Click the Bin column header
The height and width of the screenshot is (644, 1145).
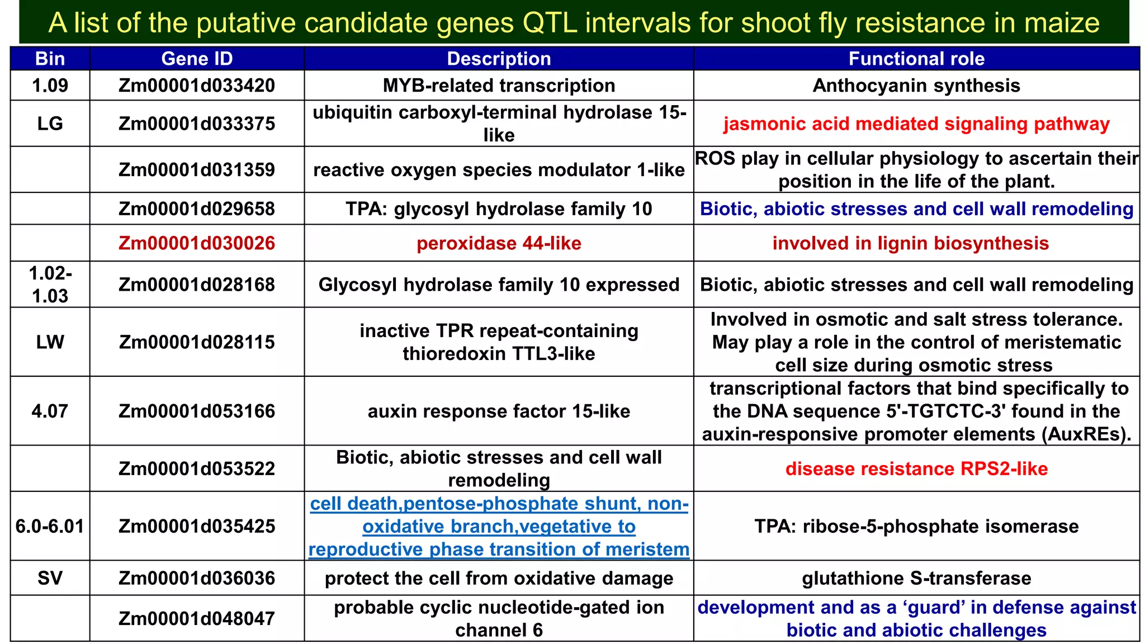50,59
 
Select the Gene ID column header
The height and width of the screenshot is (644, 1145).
197,59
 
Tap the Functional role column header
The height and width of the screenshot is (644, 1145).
916,59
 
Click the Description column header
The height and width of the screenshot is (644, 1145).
499,59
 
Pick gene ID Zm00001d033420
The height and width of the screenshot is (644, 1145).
197,86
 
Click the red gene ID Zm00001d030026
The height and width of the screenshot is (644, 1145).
197,243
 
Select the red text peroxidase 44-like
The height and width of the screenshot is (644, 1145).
499,243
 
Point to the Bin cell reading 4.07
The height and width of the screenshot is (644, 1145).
50,411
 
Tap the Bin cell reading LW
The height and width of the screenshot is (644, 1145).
50,342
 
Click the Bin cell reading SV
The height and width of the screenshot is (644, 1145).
50,578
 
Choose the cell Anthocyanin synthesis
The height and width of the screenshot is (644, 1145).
916,86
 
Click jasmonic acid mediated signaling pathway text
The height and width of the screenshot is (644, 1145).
916,124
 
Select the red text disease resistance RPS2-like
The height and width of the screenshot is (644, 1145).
916,468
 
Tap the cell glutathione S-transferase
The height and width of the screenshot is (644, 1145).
916,578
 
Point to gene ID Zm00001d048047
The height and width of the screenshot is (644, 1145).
197,618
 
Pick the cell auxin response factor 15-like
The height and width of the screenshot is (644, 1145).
499,411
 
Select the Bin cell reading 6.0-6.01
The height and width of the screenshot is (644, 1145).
50,526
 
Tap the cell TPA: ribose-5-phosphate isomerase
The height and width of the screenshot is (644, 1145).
916,526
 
